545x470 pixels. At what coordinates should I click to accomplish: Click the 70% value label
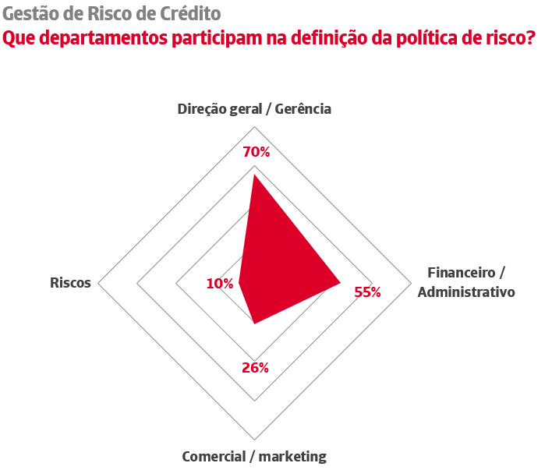tap(255, 152)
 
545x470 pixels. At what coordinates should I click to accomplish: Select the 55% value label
tap(367, 292)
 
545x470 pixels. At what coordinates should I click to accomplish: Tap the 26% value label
tap(255, 368)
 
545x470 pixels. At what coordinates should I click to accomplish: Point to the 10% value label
tap(220, 284)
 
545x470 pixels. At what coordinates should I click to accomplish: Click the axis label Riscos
tap(70, 283)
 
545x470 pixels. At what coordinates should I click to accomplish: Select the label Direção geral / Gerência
tap(254, 109)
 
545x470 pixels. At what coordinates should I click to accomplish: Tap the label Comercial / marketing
tap(254, 457)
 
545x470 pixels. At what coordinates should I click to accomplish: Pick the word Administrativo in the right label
tap(466, 293)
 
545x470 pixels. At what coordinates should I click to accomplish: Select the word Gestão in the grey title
tap(30, 13)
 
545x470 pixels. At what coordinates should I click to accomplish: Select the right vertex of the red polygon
tap(341, 283)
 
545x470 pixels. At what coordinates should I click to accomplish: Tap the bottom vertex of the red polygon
tap(254, 323)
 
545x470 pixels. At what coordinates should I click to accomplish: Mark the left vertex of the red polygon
tap(239, 284)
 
